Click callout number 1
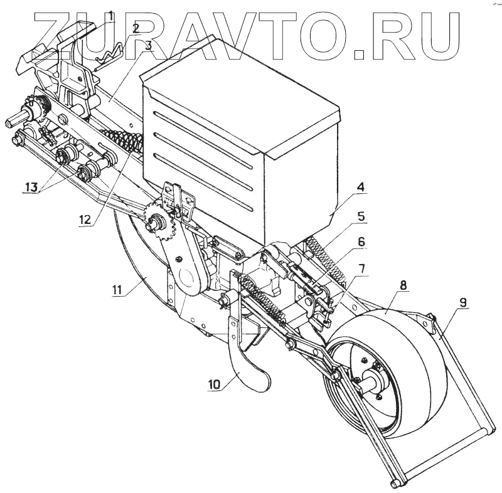(110, 16)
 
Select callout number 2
(136, 29)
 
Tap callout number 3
(148, 46)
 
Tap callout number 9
(462, 303)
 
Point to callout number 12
(85, 220)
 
